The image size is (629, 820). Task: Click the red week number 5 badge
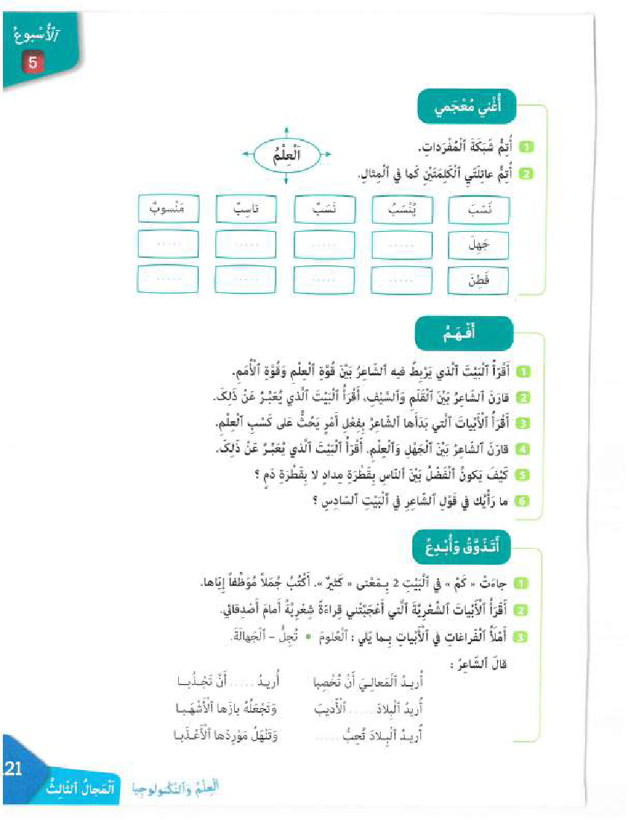click(x=33, y=63)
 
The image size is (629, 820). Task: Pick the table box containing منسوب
click(x=168, y=209)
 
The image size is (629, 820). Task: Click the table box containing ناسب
click(x=246, y=209)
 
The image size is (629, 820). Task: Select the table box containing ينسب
click(x=402, y=209)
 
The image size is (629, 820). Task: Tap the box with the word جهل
click(x=480, y=244)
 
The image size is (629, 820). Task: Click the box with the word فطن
click(x=480, y=280)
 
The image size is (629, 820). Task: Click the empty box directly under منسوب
click(x=168, y=244)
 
